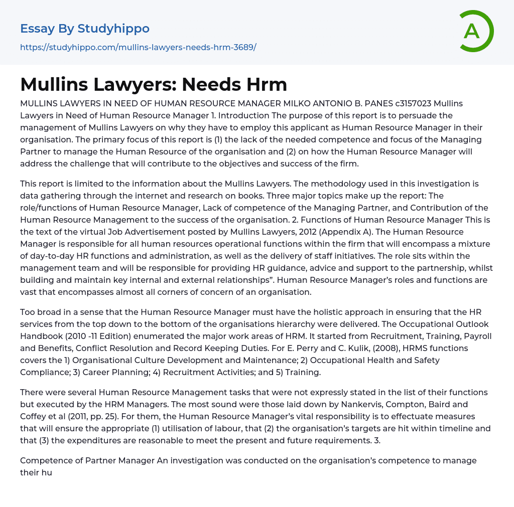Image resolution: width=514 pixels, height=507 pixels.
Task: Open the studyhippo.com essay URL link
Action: click(138, 47)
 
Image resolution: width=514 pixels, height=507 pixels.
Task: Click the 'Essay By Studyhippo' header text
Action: click(85, 29)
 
